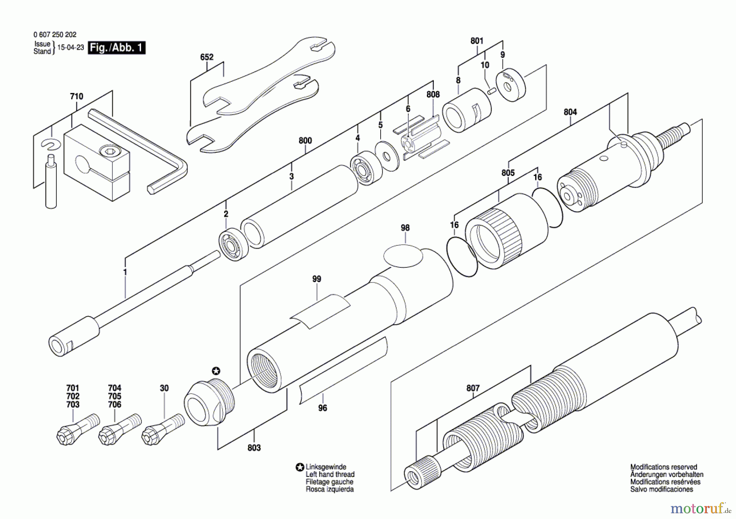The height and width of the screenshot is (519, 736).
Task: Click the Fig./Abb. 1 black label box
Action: point(117,48)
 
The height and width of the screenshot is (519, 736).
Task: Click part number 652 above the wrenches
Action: point(206,57)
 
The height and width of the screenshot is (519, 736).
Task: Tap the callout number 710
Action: point(76,96)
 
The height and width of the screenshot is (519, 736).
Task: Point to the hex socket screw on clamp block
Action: point(108,152)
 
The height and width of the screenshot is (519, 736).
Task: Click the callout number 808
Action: point(433,94)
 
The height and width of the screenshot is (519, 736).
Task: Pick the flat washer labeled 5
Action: point(387,156)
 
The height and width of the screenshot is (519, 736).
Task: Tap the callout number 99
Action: point(316,279)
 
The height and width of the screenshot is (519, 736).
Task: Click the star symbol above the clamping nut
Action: point(216,371)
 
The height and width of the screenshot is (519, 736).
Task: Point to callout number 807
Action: point(473,388)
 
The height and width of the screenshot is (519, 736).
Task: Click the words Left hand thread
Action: point(330,474)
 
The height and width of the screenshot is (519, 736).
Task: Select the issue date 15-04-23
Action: point(70,47)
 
